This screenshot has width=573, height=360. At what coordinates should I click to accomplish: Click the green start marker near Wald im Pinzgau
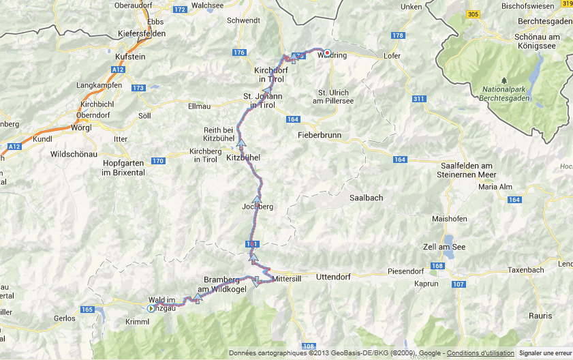point(151,308)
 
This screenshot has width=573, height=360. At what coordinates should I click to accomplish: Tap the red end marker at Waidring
point(327,52)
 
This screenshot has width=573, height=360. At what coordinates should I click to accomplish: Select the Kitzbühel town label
point(243,157)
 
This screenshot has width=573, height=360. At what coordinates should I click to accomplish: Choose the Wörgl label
point(81,127)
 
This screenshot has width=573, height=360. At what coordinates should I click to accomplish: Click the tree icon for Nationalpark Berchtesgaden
point(504,80)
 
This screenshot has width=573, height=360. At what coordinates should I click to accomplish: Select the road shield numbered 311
point(418,100)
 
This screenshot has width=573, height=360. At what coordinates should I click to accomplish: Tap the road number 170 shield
point(157,161)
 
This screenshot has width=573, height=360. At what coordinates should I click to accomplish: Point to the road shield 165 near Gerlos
point(87,310)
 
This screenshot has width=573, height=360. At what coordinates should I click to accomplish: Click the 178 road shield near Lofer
point(399,35)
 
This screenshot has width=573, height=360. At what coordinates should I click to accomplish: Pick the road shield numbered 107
point(458,284)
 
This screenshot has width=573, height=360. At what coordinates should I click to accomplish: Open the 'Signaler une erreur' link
point(544,353)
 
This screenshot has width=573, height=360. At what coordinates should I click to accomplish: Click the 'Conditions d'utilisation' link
point(480,353)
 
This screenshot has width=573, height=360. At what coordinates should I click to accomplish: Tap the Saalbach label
point(366,198)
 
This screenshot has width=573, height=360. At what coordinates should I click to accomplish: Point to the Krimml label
point(138,321)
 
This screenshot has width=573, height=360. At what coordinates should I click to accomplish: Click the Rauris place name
point(540,315)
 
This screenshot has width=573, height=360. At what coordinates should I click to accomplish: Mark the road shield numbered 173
point(138,88)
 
